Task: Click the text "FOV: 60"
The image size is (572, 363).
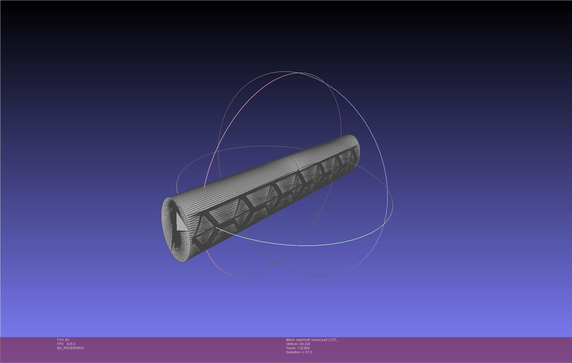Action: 63,340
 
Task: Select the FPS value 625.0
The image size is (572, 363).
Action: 71,344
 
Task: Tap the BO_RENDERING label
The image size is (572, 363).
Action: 70,348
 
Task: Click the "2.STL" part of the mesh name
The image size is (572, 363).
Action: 332,340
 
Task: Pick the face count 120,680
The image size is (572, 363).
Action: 303,348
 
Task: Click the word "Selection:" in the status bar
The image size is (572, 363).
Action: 293,352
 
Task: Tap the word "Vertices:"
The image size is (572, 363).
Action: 292,344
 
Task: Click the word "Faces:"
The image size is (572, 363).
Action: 291,348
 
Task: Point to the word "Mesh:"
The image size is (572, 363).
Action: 291,340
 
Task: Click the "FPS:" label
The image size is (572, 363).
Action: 61,344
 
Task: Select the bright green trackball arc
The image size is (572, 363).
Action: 302,245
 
